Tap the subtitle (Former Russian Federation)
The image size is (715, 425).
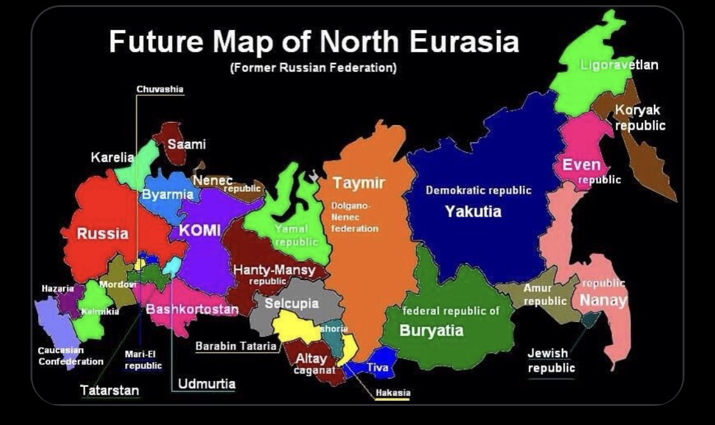click(x=313, y=68)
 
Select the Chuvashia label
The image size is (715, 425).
click(x=160, y=90)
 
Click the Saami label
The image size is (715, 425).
click(x=186, y=145)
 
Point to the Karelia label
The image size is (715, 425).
click(x=112, y=157)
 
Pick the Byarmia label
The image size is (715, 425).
click(x=167, y=194)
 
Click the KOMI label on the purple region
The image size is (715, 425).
click(x=199, y=231)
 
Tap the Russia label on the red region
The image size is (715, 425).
click(x=102, y=234)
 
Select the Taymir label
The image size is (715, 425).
click(x=359, y=184)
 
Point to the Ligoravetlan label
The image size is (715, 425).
click(x=619, y=65)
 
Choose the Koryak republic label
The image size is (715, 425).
click(x=639, y=118)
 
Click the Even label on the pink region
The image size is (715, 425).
click(x=581, y=166)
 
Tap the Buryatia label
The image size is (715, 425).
click(x=431, y=330)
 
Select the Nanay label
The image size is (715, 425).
click(x=603, y=300)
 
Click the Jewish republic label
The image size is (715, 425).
click(x=550, y=360)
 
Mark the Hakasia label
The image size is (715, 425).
click(x=392, y=393)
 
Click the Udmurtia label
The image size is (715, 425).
click(x=207, y=384)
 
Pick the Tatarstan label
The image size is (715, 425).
click(x=109, y=390)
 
